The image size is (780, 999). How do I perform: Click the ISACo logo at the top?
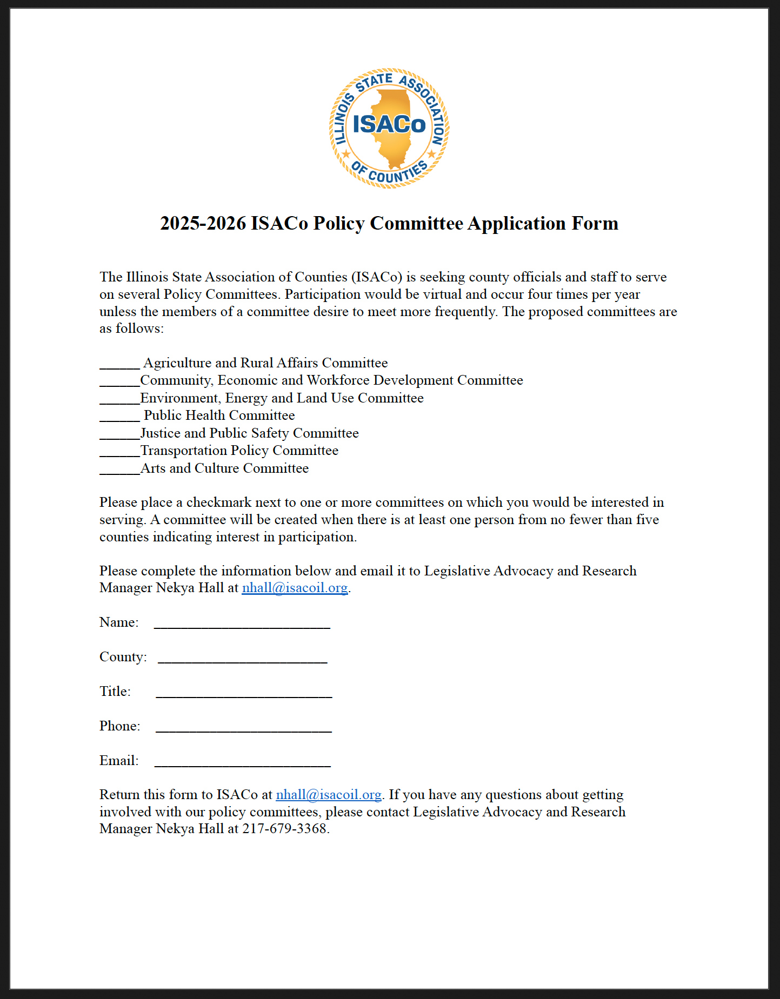click(x=389, y=128)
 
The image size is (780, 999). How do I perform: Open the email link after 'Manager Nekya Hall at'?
click(x=295, y=588)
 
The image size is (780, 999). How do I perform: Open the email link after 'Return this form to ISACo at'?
click(x=329, y=795)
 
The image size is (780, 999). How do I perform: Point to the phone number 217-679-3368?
click(x=284, y=829)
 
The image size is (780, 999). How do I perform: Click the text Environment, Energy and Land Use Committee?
click(x=282, y=398)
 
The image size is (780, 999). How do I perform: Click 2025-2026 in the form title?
click(x=203, y=223)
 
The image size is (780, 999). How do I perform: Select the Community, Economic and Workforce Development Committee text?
click(x=331, y=380)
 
